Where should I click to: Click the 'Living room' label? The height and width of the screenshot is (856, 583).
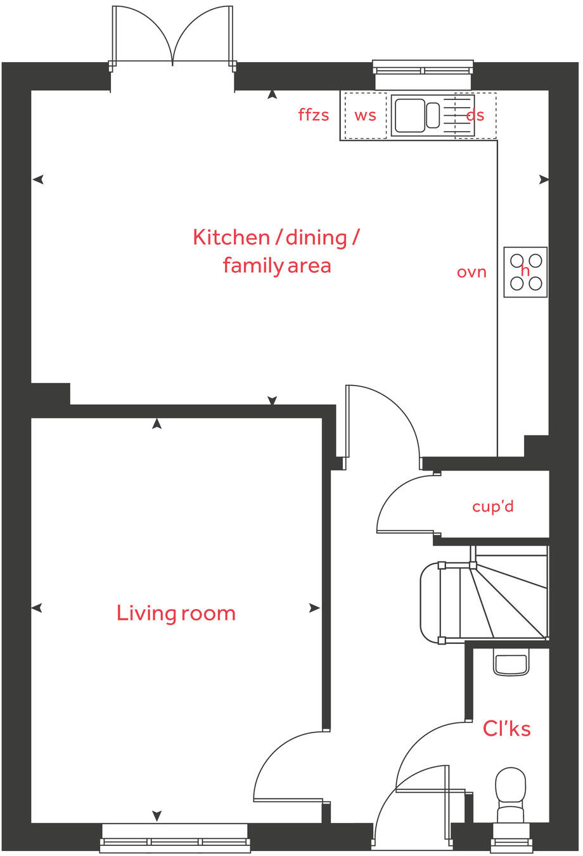coord(176,613)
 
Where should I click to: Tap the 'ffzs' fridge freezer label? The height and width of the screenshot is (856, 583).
coord(314,115)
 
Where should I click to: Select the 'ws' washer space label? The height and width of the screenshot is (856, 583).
coord(365,115)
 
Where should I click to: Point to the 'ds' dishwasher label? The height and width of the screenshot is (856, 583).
coord(475,115)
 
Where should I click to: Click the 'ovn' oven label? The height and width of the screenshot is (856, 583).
coord(471,272)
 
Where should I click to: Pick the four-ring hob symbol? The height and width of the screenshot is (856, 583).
coord(526,272)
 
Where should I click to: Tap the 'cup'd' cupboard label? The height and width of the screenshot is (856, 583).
coord(492,507)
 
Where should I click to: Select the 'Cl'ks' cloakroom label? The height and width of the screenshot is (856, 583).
coord(506,729)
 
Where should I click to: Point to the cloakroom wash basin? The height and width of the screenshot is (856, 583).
coord(510,665)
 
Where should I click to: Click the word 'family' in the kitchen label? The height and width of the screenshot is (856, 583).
coord(252,265)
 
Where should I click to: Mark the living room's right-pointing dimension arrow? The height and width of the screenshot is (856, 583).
coord(314,608)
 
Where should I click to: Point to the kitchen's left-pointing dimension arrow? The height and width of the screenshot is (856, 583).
coord(38,180)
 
